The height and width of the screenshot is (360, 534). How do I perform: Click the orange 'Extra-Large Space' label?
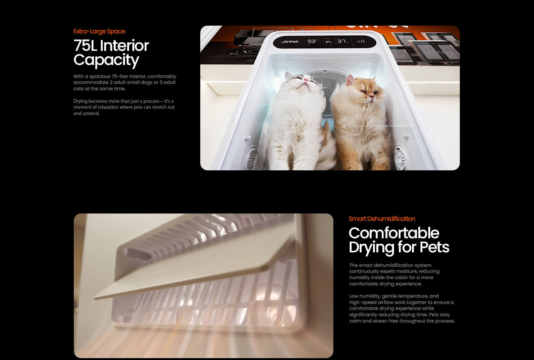tap(99, 31)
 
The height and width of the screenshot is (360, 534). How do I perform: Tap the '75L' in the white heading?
tap(85, 45)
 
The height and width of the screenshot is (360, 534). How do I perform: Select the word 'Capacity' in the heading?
tap(106, 60)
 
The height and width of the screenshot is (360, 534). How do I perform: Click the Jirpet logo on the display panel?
tap(290, 42)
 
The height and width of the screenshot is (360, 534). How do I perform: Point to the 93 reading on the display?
tap(311, 41)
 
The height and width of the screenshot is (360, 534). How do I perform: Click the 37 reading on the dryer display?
tap(342, 41)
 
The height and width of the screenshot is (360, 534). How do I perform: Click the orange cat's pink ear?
tap(350, 80)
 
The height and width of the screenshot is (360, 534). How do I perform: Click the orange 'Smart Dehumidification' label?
tap(382, 219)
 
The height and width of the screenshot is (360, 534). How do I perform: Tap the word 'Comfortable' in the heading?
tap(394, 233)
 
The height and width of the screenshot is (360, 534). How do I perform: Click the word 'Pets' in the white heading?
tap(434, 247)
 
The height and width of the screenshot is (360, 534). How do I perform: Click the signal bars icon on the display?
tap(361, 41)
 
